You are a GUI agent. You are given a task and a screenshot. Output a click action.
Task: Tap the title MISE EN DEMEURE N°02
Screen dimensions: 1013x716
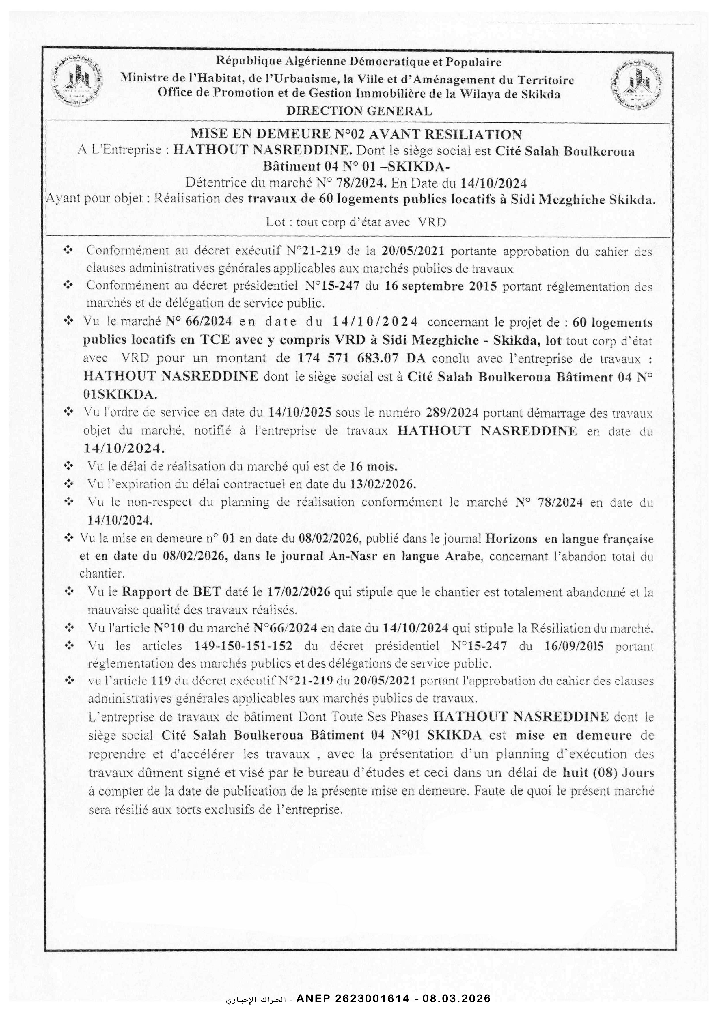[356, 134]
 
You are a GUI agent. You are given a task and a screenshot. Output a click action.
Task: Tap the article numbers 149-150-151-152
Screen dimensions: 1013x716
[243, 646]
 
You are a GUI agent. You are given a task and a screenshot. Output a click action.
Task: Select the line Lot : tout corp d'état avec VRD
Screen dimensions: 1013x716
[356, 222]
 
